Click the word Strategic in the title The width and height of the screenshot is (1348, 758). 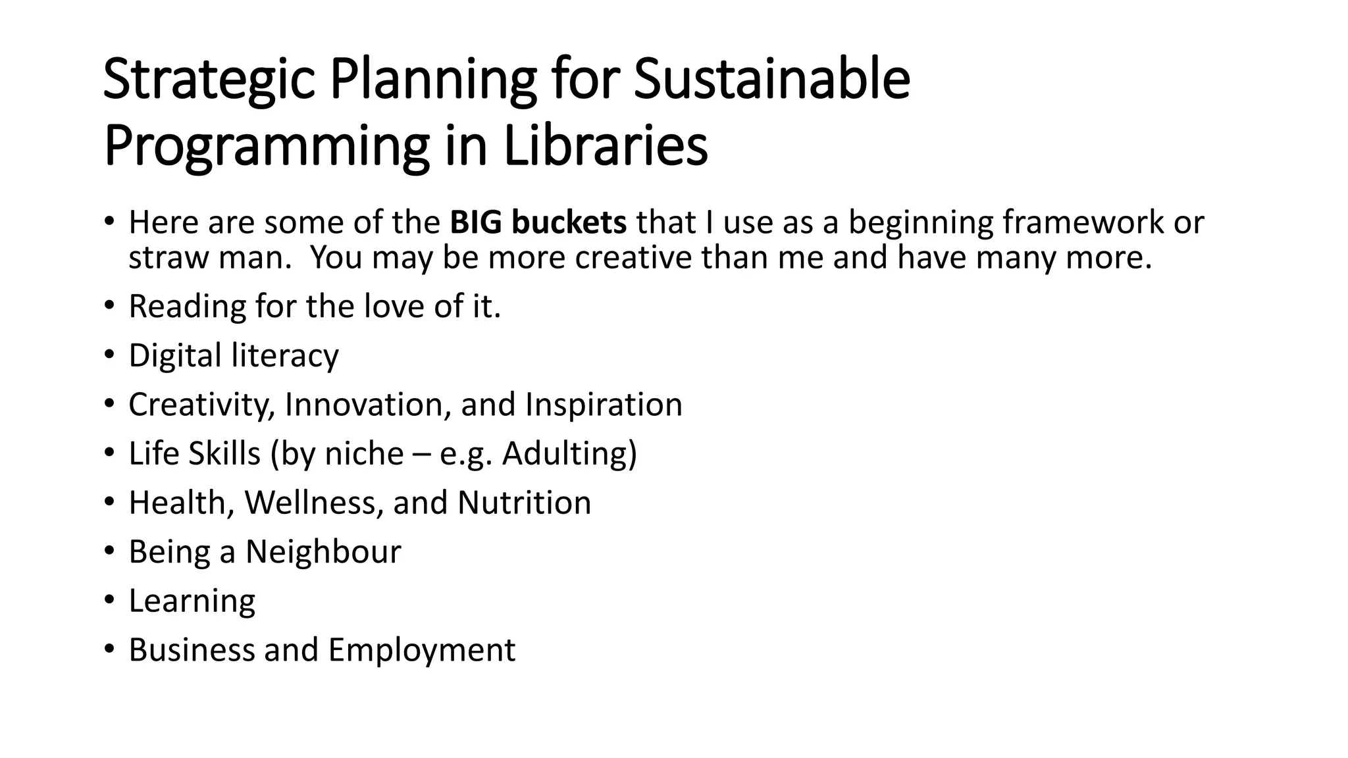209,80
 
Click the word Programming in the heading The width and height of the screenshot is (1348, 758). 267,147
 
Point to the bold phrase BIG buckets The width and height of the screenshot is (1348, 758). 538,222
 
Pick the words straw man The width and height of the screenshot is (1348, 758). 209,257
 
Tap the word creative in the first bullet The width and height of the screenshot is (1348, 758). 633,257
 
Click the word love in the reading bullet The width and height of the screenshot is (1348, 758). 394,306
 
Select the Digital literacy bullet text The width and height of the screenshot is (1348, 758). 233,355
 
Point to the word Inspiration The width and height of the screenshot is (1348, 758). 604,404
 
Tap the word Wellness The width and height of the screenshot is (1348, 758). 314,503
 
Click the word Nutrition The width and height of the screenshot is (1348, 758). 524,503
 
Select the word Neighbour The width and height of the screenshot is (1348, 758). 323,551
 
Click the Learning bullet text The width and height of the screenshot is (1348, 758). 192,601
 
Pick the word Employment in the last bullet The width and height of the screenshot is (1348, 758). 421,650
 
